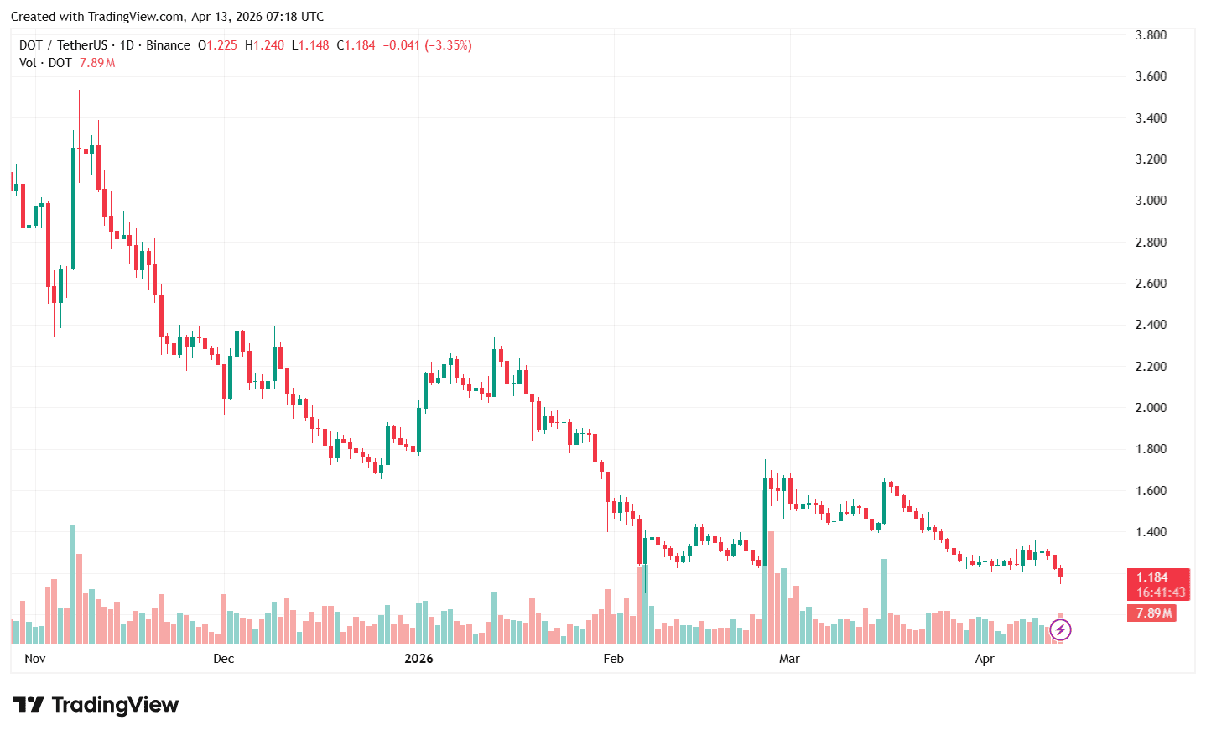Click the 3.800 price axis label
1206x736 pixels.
click(x=1151, y=35)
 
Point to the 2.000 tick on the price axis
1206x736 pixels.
click(x=1151, y=408)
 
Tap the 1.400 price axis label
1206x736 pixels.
click(x=1151, y=532)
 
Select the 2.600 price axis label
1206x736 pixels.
click(x=1151, y=284)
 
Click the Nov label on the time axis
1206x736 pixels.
click(x=35, y=659)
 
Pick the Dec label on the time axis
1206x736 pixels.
click(x=224, y=659)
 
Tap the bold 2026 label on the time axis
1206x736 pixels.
click(x=418, y=659)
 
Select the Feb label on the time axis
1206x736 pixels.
click(x=614, y=659)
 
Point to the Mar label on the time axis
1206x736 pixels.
click(x=789, y=659)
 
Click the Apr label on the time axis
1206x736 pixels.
click(x=985, y=659)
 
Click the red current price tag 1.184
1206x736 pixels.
click(x=1152, y=577)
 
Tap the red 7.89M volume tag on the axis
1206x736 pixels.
click(x=1154, y=613)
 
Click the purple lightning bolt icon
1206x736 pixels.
click(x=1060, y=629)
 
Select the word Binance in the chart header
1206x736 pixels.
click(x=168, y=45)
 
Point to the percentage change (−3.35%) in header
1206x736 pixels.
click(x=448, y=45)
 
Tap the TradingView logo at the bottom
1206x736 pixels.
click(x=96, y=705)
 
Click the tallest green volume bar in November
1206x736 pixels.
click(x=73, y=583)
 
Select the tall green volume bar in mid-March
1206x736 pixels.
click(x=884, y=600)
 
